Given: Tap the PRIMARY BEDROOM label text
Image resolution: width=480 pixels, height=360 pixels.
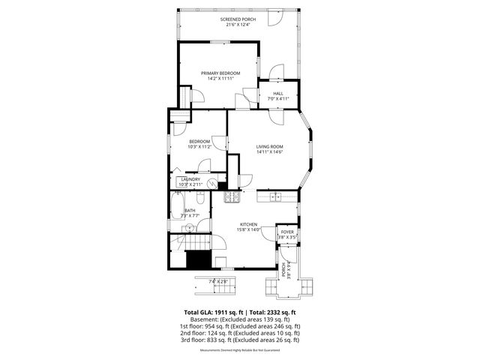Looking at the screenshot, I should (220, 73).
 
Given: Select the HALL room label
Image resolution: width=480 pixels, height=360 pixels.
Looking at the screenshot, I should (277, 92).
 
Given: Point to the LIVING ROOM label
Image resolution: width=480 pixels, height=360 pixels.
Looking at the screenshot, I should (269, 146).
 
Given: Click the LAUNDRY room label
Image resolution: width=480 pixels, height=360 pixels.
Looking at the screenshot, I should (189, 179).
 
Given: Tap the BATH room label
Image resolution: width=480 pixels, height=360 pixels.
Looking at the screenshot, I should (190, 211).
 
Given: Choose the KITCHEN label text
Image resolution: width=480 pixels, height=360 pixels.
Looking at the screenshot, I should (249, 224).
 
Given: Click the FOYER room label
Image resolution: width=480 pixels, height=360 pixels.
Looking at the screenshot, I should (287, 232).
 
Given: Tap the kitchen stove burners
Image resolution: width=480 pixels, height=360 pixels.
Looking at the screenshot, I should (232, 197).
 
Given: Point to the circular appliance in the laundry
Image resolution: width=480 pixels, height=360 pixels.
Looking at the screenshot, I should (213, 182).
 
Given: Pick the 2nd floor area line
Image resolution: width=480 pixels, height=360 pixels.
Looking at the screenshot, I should (240, 333).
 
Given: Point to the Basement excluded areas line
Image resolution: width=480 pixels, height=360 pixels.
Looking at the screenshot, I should (240, 319).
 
